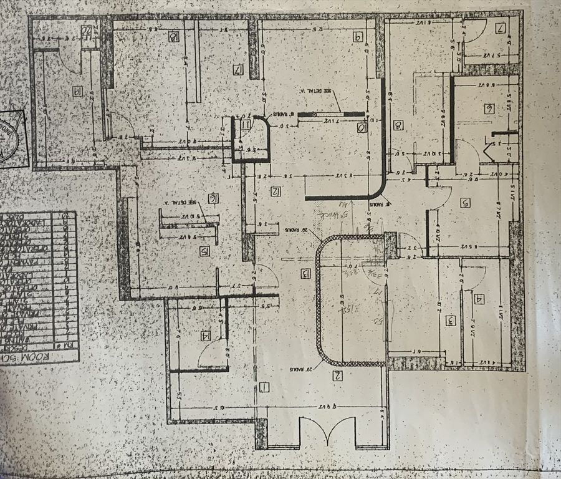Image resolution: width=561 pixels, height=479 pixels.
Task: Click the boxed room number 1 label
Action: (x=264, y=388)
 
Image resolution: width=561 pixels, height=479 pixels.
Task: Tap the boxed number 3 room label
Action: (x=450, y=321)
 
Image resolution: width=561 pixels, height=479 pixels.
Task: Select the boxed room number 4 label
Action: (x=479, y=299)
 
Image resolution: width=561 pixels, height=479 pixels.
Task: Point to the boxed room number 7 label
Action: (x=501, y=28)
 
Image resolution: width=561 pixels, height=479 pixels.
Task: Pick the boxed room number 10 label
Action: (x=362, y=128)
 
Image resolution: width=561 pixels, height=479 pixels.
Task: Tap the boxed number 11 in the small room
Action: (x=246, y=125)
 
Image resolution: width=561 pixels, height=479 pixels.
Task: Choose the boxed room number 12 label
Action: (x=276, y=191)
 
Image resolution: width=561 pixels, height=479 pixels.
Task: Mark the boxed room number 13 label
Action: (x=305, y=273)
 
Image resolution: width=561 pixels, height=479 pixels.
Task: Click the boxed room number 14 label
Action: (x=205, y=336)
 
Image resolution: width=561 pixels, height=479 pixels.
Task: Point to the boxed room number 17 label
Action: (x=237, y=70)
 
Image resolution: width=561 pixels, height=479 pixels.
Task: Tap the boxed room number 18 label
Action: (x=173, y=36)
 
